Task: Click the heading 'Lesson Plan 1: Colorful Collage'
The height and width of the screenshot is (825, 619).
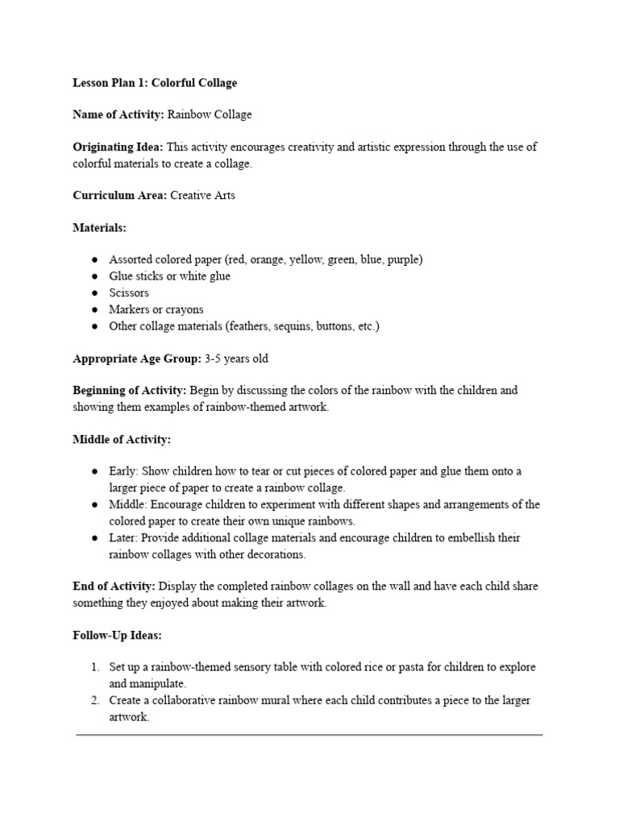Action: tap(155, 83)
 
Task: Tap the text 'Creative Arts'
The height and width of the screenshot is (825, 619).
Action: tap(202, 196)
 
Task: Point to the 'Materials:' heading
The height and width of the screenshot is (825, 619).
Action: tap(99, 228)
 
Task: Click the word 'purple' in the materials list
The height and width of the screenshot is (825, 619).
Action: tap(402, 259)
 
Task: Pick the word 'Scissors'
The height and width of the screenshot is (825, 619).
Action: tap(129, 292)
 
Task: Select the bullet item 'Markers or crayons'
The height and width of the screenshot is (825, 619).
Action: tap(156, 309)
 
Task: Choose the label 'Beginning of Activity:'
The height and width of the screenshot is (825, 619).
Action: tap(130, 391)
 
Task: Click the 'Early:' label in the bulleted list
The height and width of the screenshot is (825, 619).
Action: tap(123, 471)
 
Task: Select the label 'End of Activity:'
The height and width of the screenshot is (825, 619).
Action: tap(114, 587)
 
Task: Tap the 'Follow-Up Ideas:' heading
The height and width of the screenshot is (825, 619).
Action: tap(117, 636)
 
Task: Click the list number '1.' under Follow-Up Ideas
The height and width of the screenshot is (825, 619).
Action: tap(95, 668)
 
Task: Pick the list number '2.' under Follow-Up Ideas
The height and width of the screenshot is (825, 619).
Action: tap(95, 701)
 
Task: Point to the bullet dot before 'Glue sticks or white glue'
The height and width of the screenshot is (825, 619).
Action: tap(94, 276)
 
